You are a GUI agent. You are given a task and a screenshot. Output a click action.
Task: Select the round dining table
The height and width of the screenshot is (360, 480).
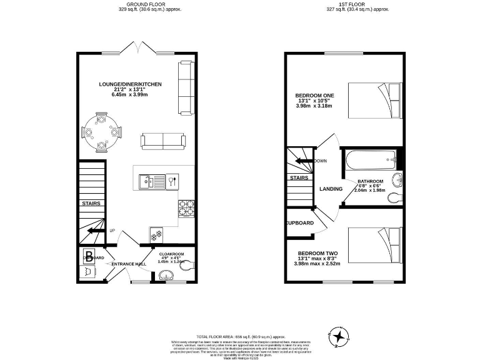pyautogui.click(x=101, y=132)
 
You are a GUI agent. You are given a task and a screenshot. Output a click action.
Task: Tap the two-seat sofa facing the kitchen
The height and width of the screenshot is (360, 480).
pyautogui.click(x=163, y=141)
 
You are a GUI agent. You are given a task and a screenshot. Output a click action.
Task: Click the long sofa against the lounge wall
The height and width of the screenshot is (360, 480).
pyautogui.click(x=186, y=87)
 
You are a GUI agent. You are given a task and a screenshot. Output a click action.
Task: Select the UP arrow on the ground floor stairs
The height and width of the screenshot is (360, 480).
pyautogui.click(x=96, y=231)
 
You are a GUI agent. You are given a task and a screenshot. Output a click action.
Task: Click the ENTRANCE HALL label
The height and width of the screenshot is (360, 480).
pyautogui.click(x=129, y=264)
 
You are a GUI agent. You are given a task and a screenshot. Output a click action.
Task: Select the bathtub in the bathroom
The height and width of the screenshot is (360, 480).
pyautogui.click(x=369, y=161)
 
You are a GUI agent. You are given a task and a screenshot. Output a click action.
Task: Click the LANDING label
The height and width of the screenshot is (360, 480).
pyautogui.click(x=330, y=188)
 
